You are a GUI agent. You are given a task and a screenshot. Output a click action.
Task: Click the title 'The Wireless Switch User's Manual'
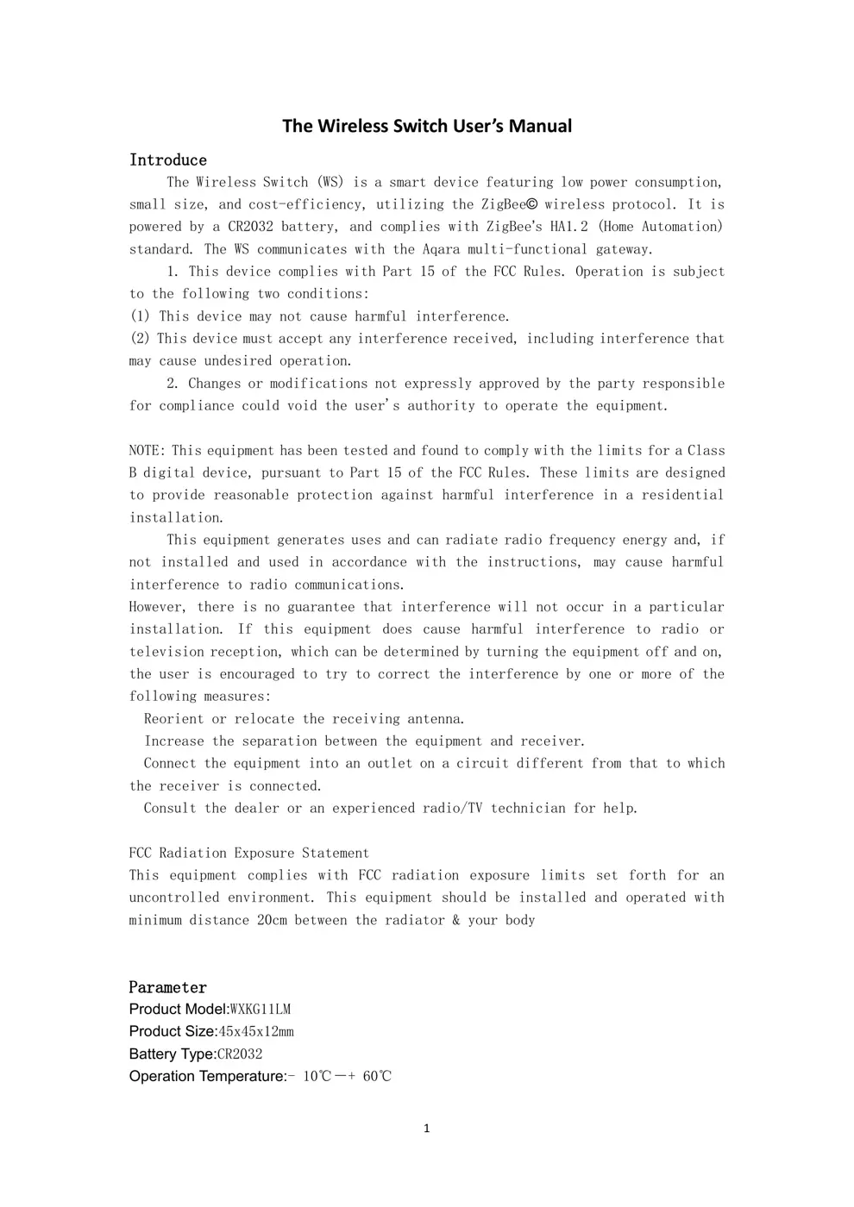pos(427,126)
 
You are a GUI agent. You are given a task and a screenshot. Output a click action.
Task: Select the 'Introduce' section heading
pos(168,159)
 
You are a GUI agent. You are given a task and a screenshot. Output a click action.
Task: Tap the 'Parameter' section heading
pos(168,987)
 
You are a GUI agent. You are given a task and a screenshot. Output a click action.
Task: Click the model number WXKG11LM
pos(261,1009)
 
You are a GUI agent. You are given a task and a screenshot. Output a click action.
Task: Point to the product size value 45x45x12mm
pos(256,1031)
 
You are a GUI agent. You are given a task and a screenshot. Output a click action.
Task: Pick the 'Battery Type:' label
pos(173,1054)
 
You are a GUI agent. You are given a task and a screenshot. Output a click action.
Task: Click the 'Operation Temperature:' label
pos(208,1076)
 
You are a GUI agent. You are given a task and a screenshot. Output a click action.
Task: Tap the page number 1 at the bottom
pos(426,1129)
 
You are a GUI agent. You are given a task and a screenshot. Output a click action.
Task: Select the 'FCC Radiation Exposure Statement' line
pos(249,853)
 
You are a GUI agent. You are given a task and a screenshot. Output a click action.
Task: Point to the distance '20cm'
pos(272,920)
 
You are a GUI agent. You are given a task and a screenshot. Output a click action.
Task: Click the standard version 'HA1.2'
pos(569,227)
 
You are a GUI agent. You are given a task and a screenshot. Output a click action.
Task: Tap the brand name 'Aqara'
pos(441,249)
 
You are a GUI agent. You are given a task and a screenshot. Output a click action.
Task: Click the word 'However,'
pos(157,607)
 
